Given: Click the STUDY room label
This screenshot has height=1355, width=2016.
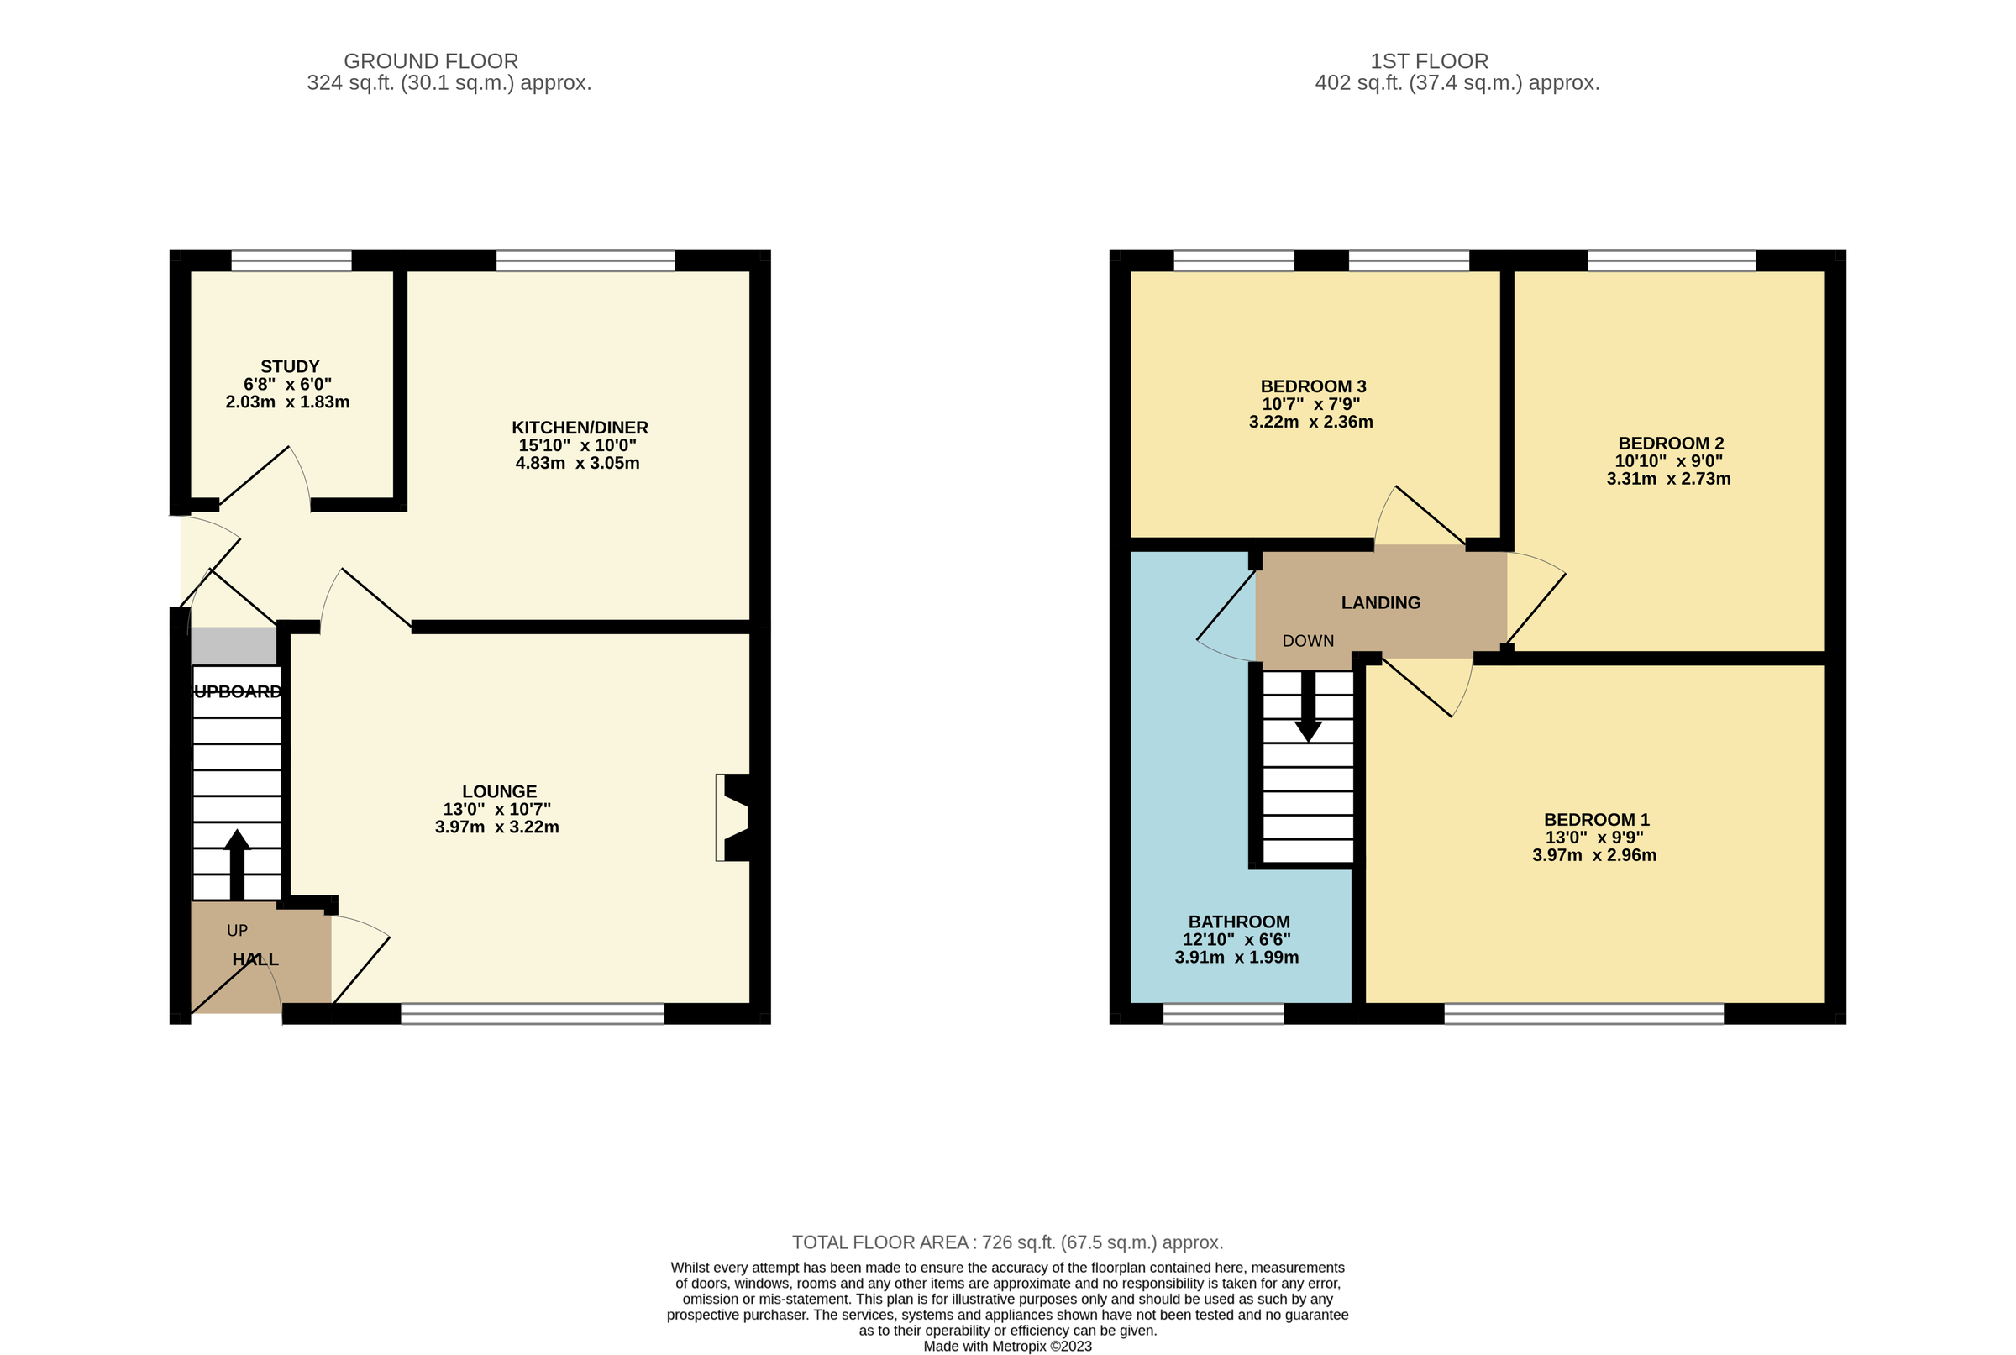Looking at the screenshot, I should tap(290, 366).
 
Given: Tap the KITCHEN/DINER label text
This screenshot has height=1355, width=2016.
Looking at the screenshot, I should tap(579, 427).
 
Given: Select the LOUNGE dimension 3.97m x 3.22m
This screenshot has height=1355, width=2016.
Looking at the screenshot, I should tap(497, 827).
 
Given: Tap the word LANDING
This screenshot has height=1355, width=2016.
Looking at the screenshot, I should tap(1380, 603).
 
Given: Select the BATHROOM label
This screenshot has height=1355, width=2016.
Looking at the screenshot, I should tap(1238, 922).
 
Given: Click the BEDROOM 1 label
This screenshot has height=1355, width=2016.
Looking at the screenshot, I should tap(1596, 819).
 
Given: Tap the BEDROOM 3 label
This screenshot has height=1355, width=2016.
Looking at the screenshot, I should tap(1313, 386).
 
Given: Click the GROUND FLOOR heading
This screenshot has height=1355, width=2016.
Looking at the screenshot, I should tap(430, 61).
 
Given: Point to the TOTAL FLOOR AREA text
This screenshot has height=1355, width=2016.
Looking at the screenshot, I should tap(1006, 1242).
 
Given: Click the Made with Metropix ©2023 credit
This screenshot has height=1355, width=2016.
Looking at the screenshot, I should tap(1006, 1347).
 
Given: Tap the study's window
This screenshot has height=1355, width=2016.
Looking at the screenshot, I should tap(291, 260).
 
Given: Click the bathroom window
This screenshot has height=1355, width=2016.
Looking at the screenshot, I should tap(1223, 1014).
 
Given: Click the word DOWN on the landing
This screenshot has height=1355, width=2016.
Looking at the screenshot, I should tap(1307, 641).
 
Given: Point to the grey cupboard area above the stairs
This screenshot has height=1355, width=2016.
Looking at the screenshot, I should tap(234, 645).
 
